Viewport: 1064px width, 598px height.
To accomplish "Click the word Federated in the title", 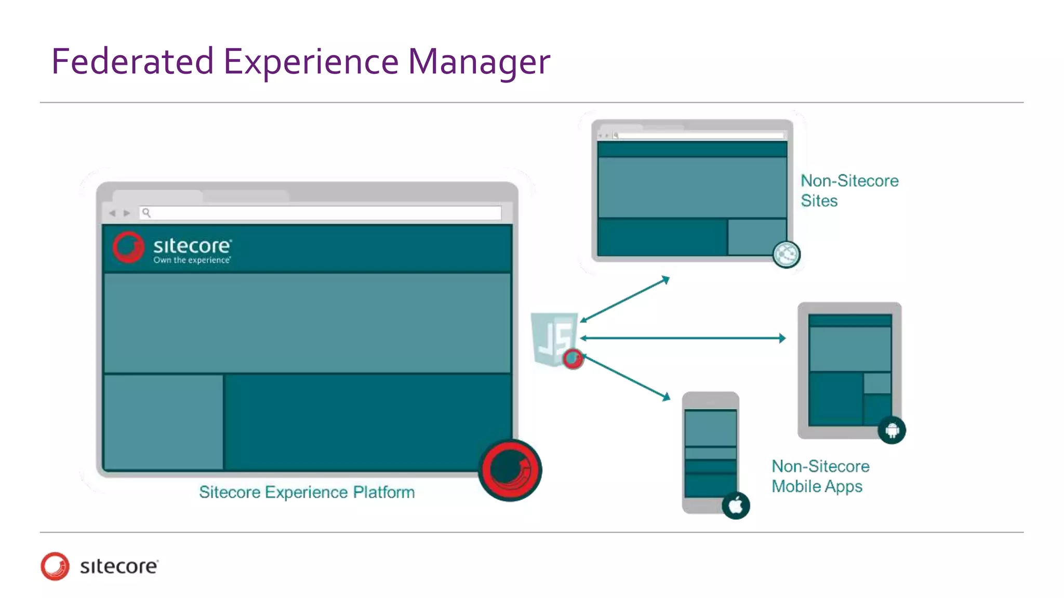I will [132, 61].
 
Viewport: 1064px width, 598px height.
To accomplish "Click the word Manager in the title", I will [478, 61].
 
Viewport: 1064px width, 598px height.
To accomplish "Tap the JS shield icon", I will [553, 337].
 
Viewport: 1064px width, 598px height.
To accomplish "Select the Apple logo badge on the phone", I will [736, 505].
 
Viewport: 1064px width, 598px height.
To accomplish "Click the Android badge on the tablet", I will [892, 430].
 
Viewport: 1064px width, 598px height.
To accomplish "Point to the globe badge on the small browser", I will [786, 254].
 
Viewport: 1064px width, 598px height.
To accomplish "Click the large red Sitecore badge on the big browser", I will [510, 470].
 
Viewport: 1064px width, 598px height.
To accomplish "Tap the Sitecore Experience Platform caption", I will [307, 492].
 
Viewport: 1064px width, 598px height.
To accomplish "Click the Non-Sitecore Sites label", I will [849, 191].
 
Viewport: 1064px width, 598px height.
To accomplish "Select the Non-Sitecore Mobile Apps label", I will [820, 476].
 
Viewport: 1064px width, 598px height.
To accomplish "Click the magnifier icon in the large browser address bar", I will [147, 212].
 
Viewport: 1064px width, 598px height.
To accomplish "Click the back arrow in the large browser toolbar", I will [112, 213].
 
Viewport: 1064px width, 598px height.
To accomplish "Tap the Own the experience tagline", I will [192, 260].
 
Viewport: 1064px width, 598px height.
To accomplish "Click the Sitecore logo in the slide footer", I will [99, 566].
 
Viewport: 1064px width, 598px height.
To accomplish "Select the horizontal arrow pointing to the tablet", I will [683, 338].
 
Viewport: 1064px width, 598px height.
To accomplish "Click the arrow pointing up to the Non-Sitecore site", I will [625, 300].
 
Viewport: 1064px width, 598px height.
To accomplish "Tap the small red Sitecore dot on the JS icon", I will [573, 358].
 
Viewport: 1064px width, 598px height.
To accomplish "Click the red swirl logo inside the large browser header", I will [128, 247].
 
